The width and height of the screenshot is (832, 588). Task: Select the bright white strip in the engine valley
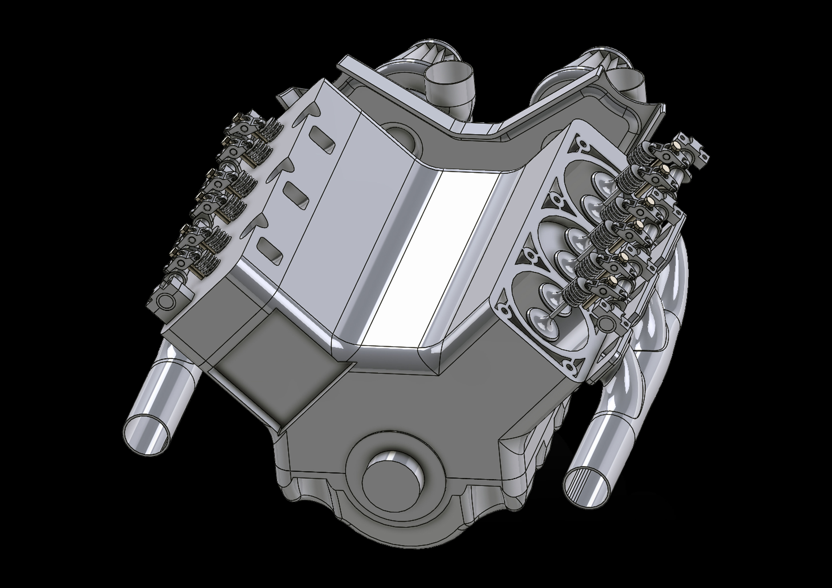(431, 261)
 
